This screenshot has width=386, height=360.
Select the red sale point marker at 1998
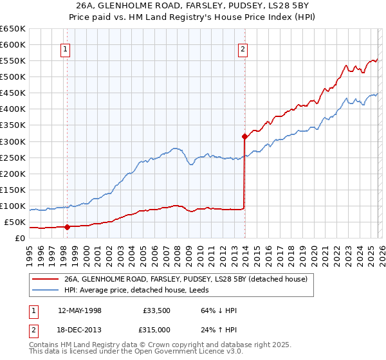click(67, 227)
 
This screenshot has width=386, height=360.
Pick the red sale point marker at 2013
click(244, 136)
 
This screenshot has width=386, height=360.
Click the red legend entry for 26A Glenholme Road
click(186, 280)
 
